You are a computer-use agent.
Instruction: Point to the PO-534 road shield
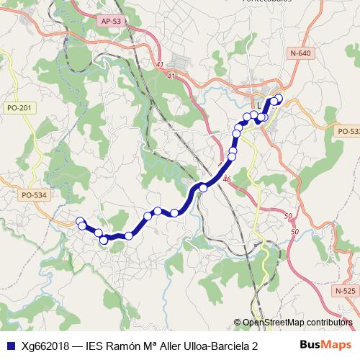click(x=33, y=194)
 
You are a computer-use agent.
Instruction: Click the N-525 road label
click(x=346, y=290)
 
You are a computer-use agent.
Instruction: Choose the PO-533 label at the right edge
click(x=348, y=131)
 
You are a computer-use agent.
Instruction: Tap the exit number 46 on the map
click(x=227, y=179)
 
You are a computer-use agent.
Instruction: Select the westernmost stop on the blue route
click(x=81, y=222)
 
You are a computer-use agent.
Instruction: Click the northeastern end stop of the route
click(x=279, y=99)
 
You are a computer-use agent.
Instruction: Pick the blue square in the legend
click(x=9, y=346)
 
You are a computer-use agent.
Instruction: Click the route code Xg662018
click(x=45, y=346)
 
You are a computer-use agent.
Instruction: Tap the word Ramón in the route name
click(x=127, y=346)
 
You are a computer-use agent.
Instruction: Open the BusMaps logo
click(x=326, y=345)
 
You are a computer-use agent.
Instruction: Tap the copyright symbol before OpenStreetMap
click(x=237, y=323)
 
